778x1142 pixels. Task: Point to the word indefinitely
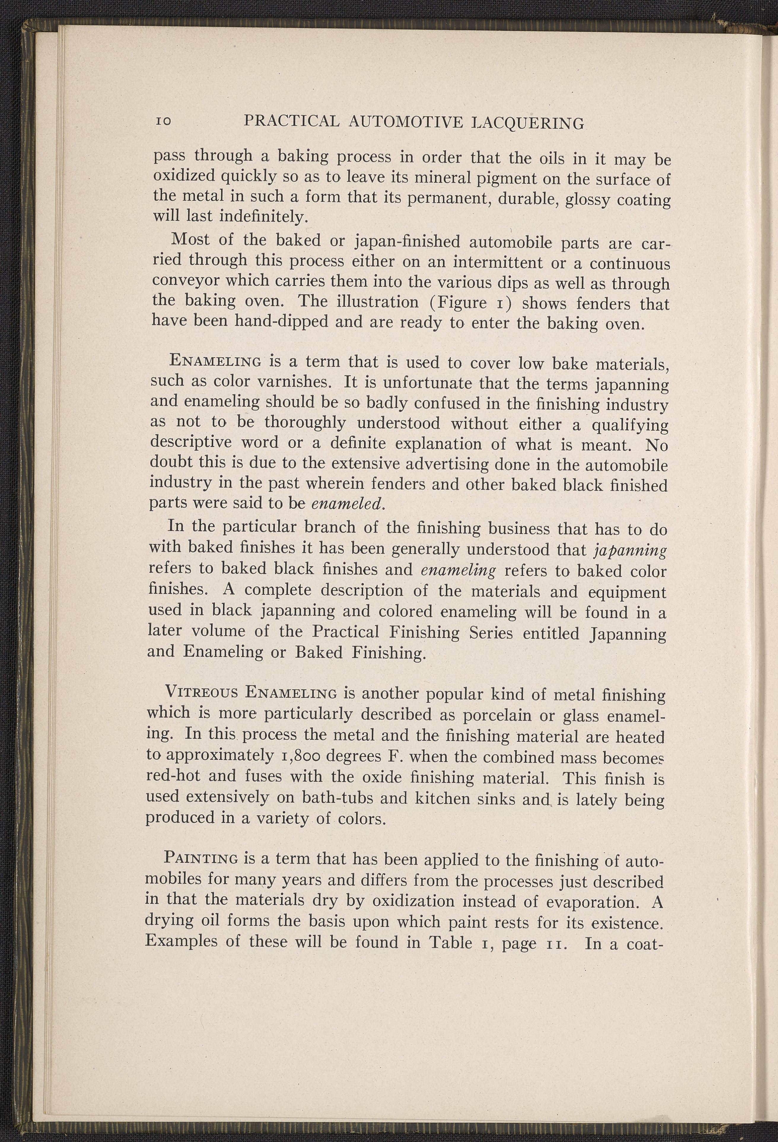(x=262, y=217)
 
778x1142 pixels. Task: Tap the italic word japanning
(x=630, y=550)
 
